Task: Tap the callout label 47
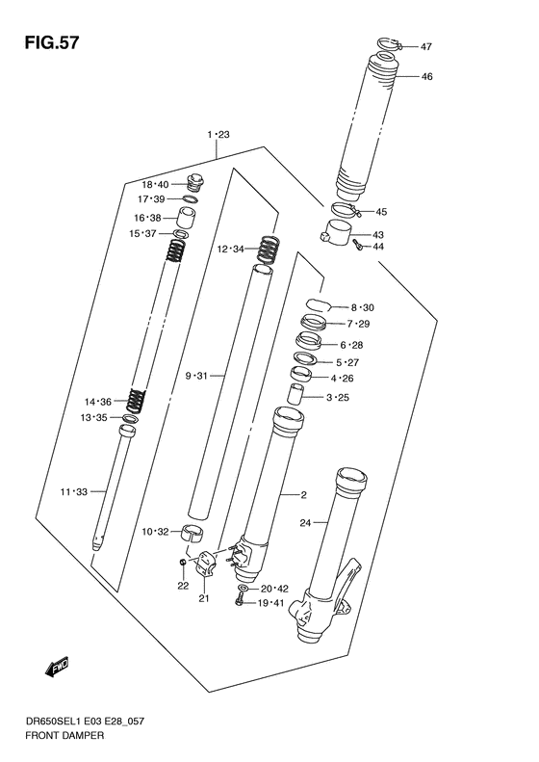426,46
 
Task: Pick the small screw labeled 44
356,248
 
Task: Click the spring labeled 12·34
268,249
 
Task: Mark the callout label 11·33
73,492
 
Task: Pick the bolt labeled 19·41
238,602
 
